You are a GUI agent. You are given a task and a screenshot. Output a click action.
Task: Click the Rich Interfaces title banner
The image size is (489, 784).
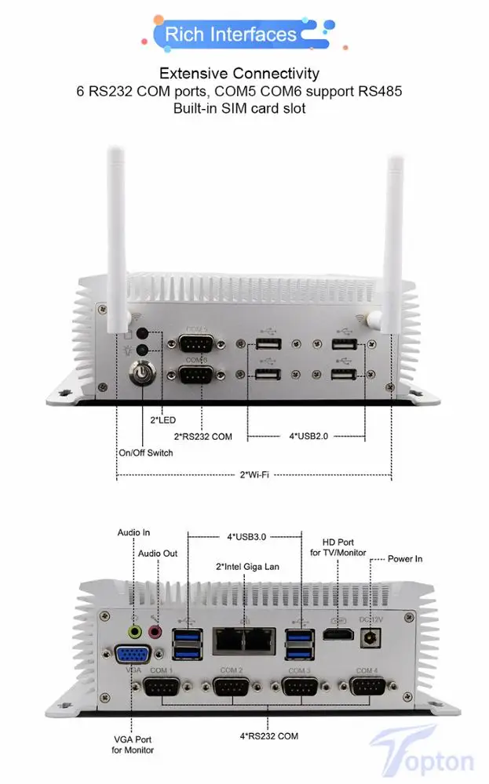[231, 34]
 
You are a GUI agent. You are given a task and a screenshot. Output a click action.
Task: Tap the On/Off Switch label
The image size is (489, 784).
[145, 452]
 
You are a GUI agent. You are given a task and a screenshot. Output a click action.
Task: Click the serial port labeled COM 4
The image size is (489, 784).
[366, 689]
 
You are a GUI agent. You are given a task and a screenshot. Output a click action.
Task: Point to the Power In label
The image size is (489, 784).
[405, 559]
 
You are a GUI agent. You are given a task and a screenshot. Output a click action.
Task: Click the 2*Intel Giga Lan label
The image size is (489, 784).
[247, 566]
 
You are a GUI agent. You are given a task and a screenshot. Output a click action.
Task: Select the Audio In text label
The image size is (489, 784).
[133, 532]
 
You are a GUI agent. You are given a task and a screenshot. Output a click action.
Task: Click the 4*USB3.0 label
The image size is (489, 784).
[246, 537]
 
